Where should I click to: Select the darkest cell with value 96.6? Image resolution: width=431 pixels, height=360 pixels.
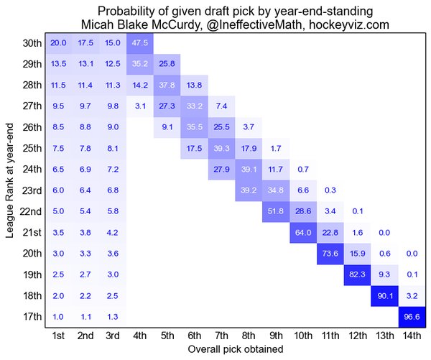pos(412,317)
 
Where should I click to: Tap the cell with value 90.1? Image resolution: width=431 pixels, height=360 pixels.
pos(385,295)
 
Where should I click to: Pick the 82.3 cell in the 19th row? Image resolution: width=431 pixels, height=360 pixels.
pos(358,274)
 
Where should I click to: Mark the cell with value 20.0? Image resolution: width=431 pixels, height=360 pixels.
pos(58,42)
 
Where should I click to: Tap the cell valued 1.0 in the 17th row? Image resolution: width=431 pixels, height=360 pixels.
pos(58,317)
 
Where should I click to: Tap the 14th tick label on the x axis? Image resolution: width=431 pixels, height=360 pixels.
pos(412,336)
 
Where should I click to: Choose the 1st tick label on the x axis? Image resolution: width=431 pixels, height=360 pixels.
pos(58,336)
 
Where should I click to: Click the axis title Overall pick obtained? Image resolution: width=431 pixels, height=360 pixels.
pos(235,349)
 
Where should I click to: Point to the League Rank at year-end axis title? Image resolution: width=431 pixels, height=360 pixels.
pos(9,180)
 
